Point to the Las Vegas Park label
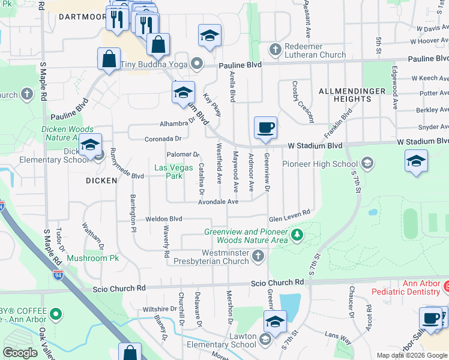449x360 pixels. click(x=169, y=172)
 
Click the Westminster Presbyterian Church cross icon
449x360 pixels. click(x=258, y=257)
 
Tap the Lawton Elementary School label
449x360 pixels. click(x=227, y=340)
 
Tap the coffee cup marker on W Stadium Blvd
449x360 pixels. click(x=265, y=128)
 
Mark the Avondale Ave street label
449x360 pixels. click(x=218, y=202)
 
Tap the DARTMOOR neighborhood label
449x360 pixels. click(x=82, y=17)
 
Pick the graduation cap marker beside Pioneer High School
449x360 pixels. click(x=416, y=161)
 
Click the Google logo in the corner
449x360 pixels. click(x=20, y=353)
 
